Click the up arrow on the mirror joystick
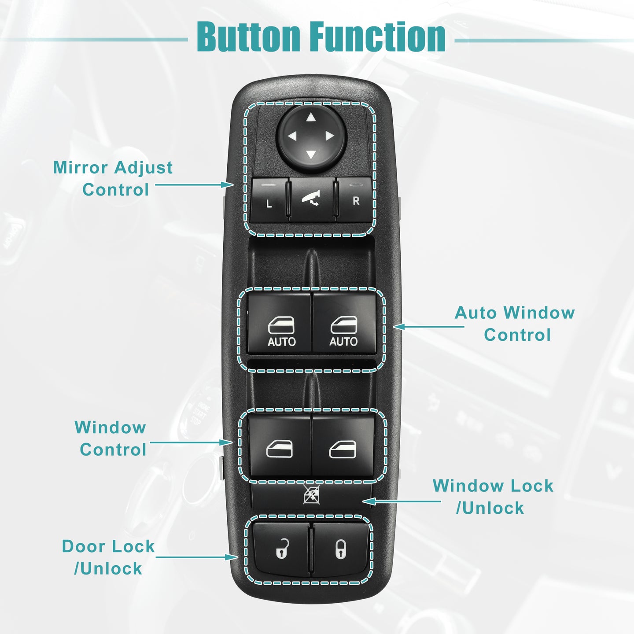310,117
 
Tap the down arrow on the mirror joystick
310,154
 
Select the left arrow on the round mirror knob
292,136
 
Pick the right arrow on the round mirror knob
330,136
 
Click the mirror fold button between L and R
312,200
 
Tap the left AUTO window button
279,324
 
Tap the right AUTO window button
344,323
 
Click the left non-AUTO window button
280,445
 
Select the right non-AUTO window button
343,445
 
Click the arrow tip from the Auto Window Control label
394,327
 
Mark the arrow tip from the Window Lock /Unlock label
363,501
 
